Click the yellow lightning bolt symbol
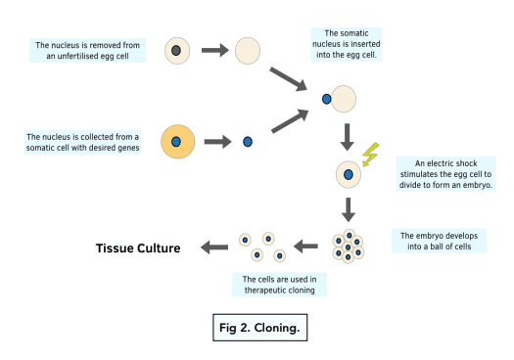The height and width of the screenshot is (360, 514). pos(370,155)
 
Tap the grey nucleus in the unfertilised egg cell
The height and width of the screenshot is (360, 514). pos(176,51)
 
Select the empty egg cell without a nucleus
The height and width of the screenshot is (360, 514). pos(248,51)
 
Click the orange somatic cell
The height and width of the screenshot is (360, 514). pos(177,142)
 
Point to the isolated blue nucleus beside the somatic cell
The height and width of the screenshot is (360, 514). pos(248,142)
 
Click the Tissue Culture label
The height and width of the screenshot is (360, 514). pos(138,248)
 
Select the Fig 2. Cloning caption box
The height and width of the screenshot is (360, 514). pos(260,328)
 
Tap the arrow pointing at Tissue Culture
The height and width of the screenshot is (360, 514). pos(214,247)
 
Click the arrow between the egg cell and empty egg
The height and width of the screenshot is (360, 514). pos(215,50)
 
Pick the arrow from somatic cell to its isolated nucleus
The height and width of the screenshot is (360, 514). pos(217,142)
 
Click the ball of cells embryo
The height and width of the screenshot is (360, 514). pos(349,247)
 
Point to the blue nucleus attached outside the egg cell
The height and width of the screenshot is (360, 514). pos(326,99)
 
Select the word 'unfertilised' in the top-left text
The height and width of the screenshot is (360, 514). pos(77,56)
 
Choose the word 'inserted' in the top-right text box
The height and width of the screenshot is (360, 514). pos(367,44)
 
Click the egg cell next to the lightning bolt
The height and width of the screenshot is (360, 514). pos(349,174)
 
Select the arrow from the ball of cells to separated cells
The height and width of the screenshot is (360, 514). pos(305,247)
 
